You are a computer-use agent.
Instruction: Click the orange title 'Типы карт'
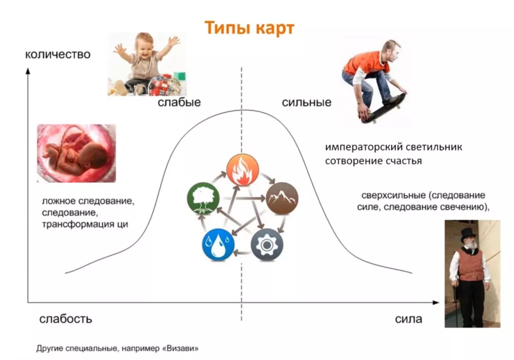point(249,28)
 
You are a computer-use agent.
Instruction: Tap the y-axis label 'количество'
point(58,55)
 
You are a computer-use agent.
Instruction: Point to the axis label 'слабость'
point(66,319)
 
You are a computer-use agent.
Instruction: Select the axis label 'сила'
point(409,319)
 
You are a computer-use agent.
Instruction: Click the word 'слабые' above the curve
point(179,102)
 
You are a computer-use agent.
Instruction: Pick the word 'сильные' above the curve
point(307,102)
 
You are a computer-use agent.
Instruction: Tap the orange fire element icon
point(242,170)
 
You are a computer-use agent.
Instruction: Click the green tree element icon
point(203,198)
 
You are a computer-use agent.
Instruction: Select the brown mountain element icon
point(282,198)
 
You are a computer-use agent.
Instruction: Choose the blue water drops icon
point(218,245)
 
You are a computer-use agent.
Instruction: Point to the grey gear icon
point(267,245)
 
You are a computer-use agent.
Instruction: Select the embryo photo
point(76,153)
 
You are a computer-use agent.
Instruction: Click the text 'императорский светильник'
point(394,147)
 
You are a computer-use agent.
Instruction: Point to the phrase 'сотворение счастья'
point(374,161)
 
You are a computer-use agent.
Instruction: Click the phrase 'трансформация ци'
point(85,224)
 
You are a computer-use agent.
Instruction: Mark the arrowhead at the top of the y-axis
point(28,71)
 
